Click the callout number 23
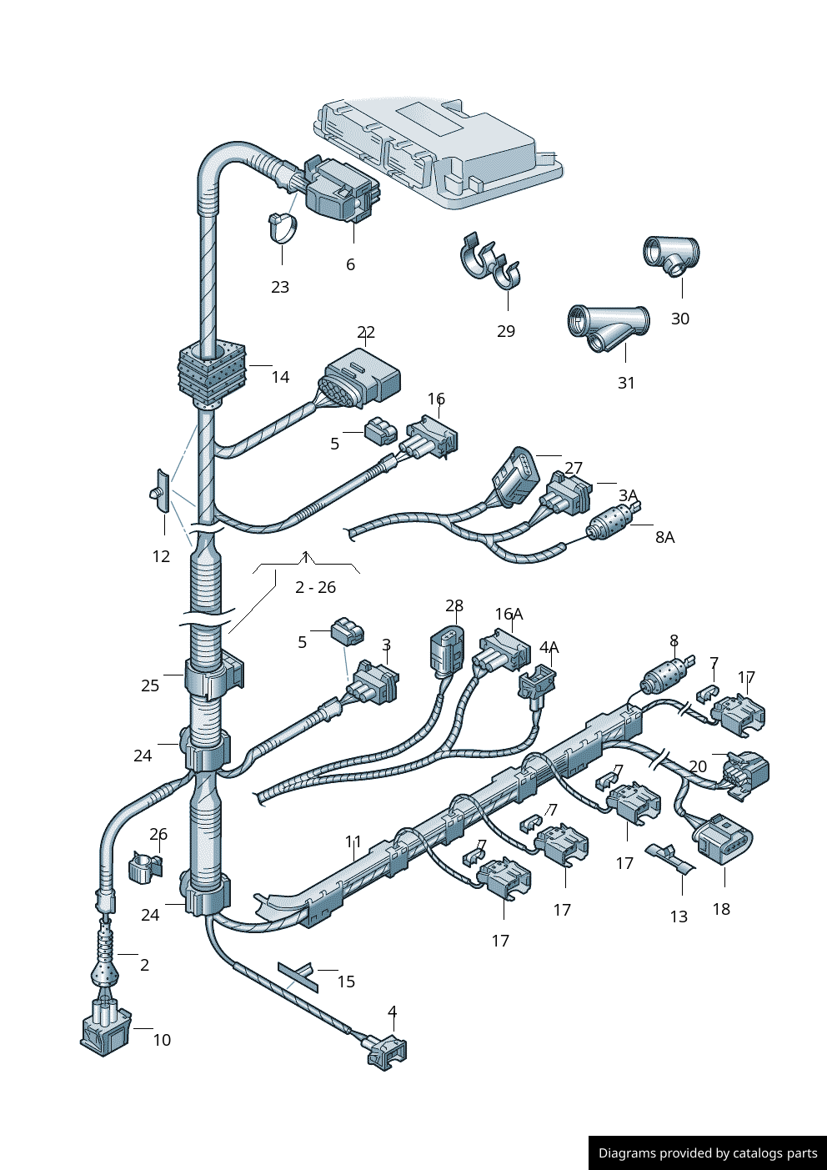(280, 287)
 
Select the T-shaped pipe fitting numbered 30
(671, 255)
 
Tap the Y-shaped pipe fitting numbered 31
(609, 328)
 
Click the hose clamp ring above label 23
(283, 228)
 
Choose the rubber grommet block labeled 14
(212, 373)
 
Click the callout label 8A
(664, 537)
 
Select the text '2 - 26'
(315, 587)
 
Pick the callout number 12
(161, 556)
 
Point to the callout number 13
(679, 916)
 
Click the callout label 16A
(509, 614)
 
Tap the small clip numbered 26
(144, 866)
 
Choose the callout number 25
(150, 685)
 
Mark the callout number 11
(353, 841)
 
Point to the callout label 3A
(628, 495)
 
